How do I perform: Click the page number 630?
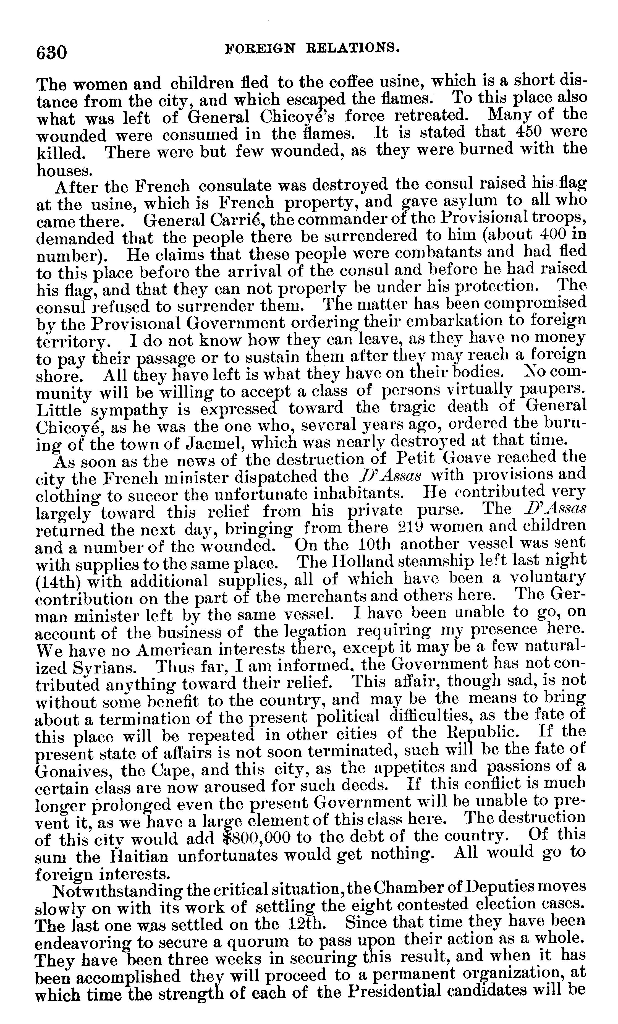(51, 53)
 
